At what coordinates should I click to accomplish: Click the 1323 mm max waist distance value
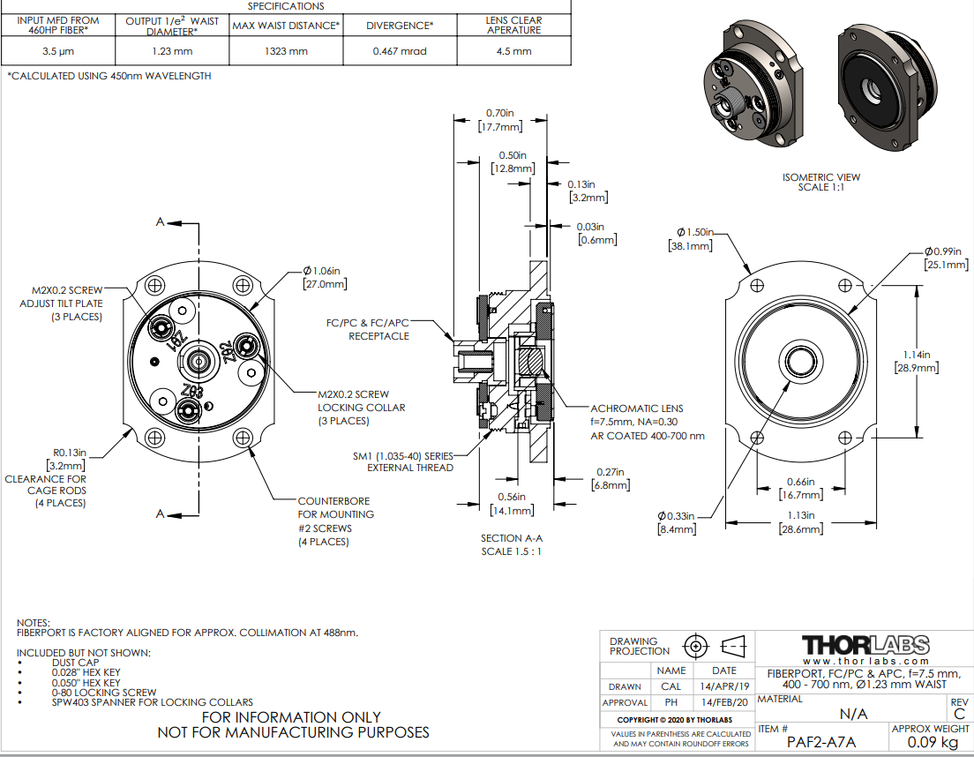(286, 51)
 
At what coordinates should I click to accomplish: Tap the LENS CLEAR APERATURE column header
(514, 25)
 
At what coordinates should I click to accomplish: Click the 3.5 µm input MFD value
(56, 51)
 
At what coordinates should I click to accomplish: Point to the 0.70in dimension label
(500, 113)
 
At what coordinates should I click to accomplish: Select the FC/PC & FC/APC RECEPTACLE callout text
(378, 329)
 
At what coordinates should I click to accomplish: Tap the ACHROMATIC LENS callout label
(637, 408)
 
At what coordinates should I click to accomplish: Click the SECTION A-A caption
(512, 538)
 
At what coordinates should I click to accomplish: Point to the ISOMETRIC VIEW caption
(820, 177)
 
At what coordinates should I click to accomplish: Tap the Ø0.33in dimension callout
(677, 515)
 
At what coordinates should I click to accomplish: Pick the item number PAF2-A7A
(820, 742)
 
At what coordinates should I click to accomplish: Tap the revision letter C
(960, 714)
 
